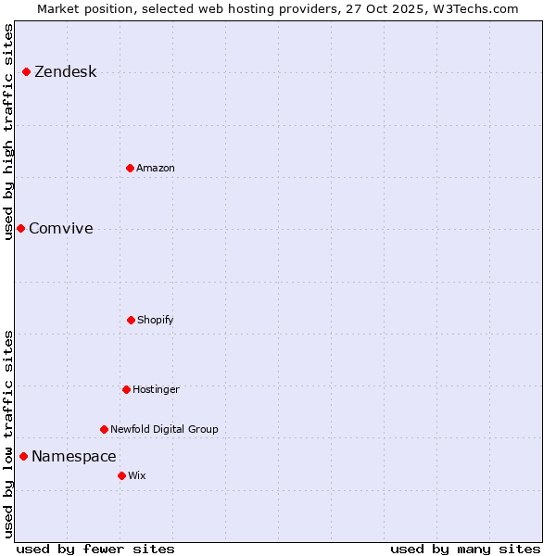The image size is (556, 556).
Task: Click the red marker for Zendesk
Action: click(26, 72)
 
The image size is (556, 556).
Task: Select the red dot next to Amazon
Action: click(130, 168)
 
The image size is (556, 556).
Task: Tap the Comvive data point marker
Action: click(20, 228)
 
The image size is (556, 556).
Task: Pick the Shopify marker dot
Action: click(131, 320)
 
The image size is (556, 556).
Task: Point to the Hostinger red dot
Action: click(126, 389)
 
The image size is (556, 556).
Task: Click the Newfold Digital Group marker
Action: click(104, 429)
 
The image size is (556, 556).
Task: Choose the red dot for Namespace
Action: click(23, 456)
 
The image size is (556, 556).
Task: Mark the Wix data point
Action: click(121, 475)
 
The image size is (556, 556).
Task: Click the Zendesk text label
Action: click(65, 72)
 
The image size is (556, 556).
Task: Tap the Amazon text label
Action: click(156, 168)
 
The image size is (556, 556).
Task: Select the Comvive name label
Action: click(61, 229)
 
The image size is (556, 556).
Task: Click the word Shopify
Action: click(156, 320)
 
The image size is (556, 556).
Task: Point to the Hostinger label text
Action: click(156, 389)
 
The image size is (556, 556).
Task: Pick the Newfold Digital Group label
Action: click(164, 429)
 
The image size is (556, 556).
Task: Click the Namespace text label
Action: click(74, 456)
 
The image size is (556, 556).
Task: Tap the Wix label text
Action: click(137, 475)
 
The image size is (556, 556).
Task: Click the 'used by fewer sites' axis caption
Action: click(95, 549)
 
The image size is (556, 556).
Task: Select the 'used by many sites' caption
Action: click(465, 549)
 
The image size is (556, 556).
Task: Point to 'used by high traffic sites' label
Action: click(9, 132)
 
